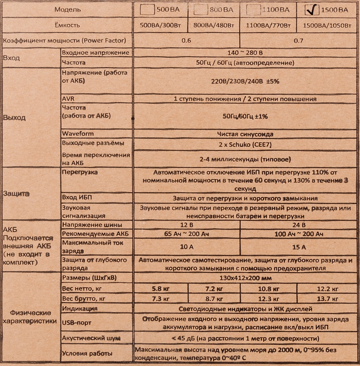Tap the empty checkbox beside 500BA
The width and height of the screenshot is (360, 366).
click(x=148, y=10)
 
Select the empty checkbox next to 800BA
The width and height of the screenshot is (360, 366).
click(x=201, y=10)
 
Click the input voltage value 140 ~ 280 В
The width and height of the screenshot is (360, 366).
click(x=245, y=53)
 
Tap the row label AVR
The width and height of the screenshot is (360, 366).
click(x=68, y=99)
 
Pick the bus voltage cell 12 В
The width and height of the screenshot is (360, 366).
click(x=186, y=225)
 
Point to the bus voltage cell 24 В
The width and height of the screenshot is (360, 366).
click(x=298, y=225)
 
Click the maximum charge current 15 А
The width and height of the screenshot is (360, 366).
click(x=298, y=247)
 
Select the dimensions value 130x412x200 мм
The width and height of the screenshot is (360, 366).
click(x=245, y=278)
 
